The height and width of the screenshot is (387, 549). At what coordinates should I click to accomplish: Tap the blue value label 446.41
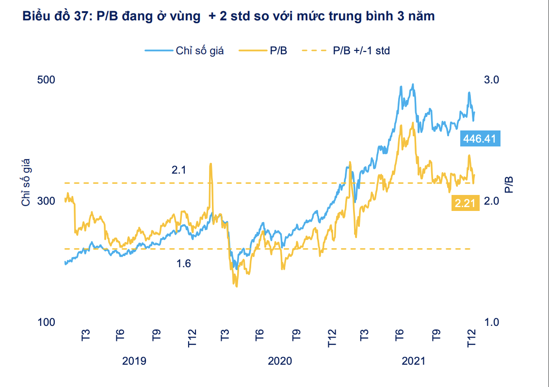pyautogui.click(x=480, y=139)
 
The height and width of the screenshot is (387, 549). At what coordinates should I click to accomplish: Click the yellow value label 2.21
pyautogui.click(x=465, y=203)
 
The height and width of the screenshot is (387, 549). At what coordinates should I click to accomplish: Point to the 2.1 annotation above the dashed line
pyautogui.click(x=179, y=170)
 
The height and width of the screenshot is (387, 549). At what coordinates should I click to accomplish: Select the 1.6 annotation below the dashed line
pyautogui.click(x=184, y=264)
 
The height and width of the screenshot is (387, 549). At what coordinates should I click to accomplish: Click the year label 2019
pyautogui.click(x=134, y=361)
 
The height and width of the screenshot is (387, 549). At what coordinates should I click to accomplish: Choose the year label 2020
pyautogui.click(x=280, y=361)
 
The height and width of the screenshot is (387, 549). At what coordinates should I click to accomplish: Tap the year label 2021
pyautogui.click(x=413, y=361)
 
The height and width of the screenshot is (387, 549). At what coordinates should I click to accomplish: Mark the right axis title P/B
pyautogui.click(x=509, y=185)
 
